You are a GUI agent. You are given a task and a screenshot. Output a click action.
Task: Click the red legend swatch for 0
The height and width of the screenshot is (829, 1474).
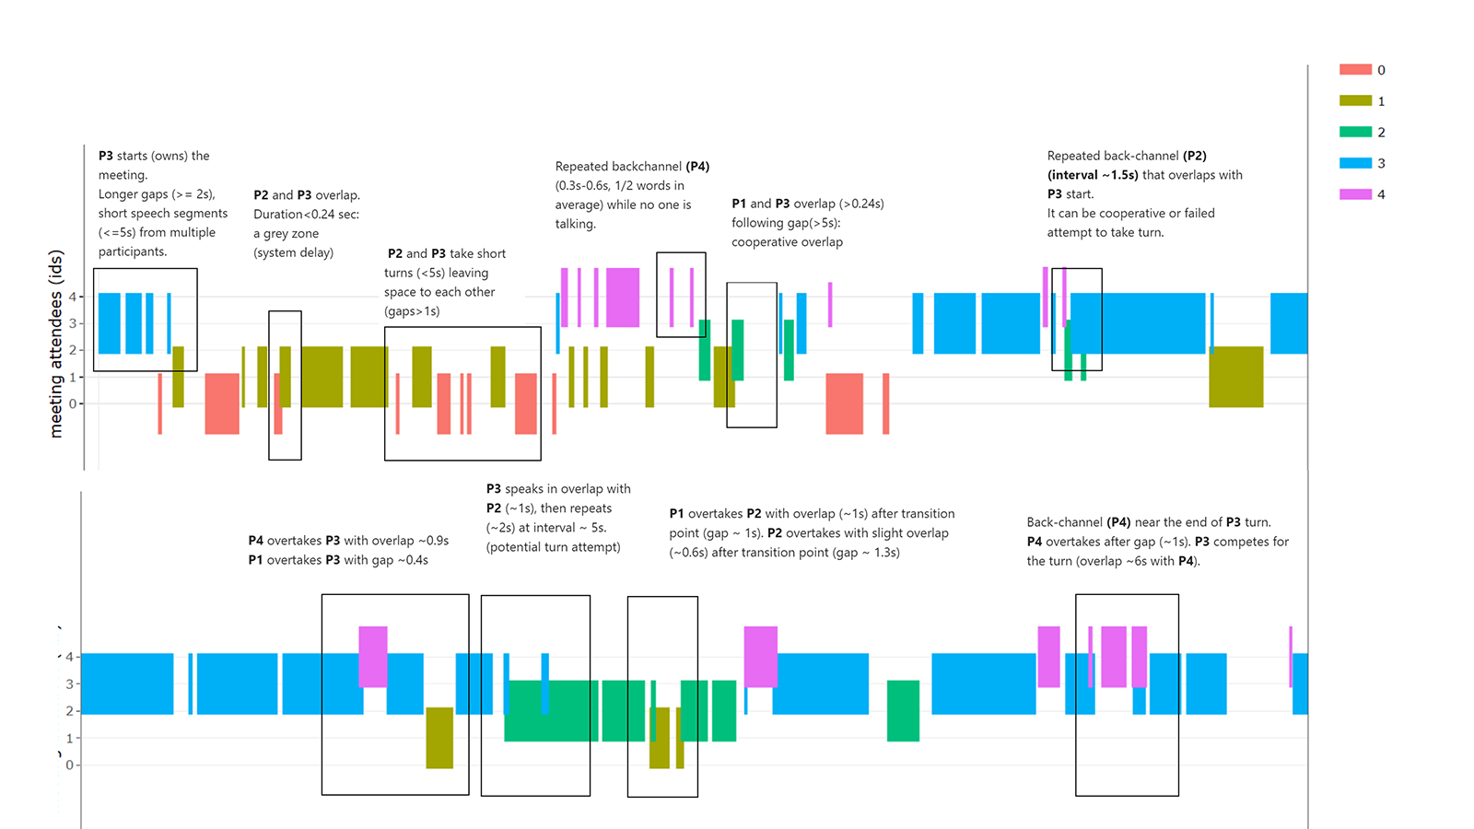1355,70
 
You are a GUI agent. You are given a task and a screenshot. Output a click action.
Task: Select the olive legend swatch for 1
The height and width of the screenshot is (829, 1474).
1355,101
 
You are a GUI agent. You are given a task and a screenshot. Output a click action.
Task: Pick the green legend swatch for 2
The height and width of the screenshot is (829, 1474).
1355,132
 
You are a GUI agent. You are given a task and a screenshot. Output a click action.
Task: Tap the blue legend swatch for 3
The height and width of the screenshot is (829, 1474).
1355,163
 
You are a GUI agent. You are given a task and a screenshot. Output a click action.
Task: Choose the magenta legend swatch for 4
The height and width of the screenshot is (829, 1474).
1355,194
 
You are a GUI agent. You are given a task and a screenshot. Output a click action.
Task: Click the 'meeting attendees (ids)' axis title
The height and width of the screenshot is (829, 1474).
56,344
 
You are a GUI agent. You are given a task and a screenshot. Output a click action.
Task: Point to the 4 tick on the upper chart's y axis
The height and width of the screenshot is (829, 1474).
73,297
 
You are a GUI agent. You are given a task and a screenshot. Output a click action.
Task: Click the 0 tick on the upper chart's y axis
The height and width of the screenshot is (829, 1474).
73,403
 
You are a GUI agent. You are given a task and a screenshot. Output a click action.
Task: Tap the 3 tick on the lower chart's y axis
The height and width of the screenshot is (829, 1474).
69,684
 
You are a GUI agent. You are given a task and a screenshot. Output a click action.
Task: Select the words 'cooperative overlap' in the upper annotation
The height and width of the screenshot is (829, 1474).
787,242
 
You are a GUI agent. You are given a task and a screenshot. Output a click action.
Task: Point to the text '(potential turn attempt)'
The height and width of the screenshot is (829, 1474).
553,547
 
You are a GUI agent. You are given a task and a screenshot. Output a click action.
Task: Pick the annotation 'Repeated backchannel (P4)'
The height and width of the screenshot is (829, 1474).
632,167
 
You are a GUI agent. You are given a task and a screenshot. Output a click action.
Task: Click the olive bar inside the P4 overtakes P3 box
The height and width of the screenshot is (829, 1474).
439,738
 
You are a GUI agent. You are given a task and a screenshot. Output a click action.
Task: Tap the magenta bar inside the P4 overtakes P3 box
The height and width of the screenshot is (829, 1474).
373,657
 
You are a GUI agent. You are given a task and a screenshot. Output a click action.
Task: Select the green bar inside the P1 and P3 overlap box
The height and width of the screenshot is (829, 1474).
738,350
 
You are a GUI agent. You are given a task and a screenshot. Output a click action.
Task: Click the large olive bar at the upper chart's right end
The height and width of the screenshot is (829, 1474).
1235,377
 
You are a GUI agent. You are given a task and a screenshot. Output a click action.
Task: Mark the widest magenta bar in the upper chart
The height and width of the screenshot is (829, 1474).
623,298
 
